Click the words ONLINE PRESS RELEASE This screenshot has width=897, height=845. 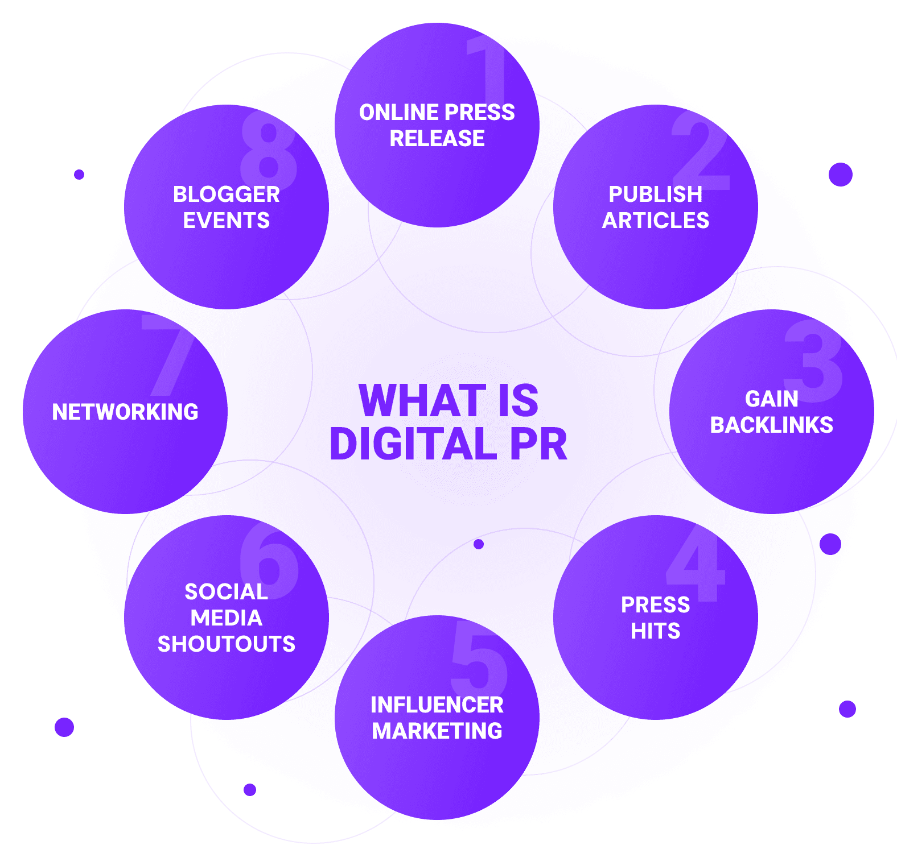click(437, 125)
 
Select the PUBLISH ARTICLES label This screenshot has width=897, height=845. click(655, 207)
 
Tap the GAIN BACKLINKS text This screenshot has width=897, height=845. click(771, 412)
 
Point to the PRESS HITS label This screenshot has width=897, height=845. click(655, 618)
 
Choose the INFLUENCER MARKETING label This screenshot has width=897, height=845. click(437, 718)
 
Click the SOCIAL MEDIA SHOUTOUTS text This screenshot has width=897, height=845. click(226, 618)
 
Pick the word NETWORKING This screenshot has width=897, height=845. click(125, 412)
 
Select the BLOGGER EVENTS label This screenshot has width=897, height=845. click(226, 207)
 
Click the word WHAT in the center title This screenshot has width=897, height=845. click(422, 400)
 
